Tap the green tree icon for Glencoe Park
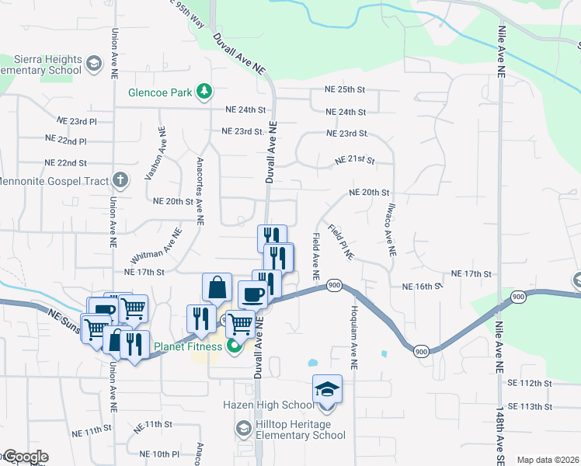(204, 92)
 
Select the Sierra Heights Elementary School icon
(93, 63)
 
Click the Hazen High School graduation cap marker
(327, 388)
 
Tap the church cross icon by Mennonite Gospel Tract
(120, 180)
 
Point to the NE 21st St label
(355, 161)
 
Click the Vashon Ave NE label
(153, 154)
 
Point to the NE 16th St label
(422, 287)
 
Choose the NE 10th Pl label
(159, 454)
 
